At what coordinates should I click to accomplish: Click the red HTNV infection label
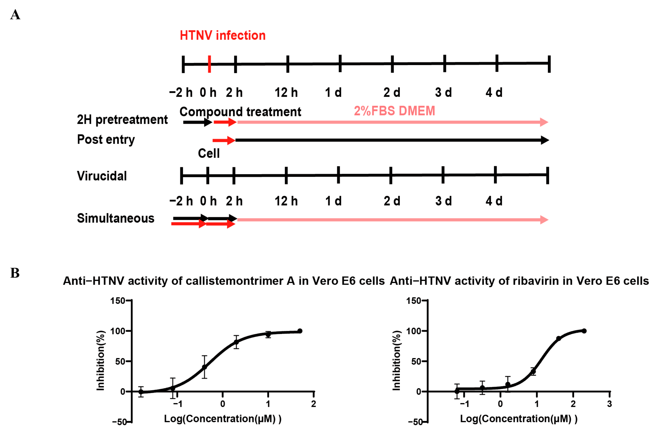pyautogui.click(x=222, y=36)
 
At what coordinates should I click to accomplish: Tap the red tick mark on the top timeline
pyautogui.click(x=209, y=64)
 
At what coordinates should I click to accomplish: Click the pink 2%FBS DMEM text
pyautogui.click(x=394, y=111)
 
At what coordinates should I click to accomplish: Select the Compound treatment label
pyautogui.click(x=240, y=112)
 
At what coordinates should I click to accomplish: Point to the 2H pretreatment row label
pyautogui.click(x=122, y=120)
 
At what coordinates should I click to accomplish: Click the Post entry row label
pyautogui.click(x=106, y=139)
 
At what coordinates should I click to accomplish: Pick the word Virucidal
pyautogui.click(x=102, y=176)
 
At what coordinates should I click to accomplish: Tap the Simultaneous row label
pyautogui.click(x=116, y=218)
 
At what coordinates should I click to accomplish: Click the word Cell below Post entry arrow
pyautogui.click(x=208, y=153)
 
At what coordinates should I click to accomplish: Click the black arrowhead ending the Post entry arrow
pyautogui.click(x=545, y=140)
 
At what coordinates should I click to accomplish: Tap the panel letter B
pyautogui.click(x=15, y=273)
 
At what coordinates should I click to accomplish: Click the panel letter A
pyautogui.click(x=15, y=15)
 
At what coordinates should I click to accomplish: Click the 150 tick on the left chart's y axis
pyautogui.click(x=117, y=301)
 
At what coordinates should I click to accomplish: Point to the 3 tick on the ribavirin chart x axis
pyautogui.click(x=609, y=404)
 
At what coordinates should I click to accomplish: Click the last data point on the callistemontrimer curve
pyautogui.click(x=300, y=331)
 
